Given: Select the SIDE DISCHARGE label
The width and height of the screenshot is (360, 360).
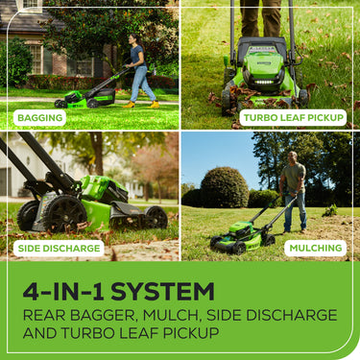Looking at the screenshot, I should point(59,248).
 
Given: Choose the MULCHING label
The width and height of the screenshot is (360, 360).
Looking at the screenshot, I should point(316,248).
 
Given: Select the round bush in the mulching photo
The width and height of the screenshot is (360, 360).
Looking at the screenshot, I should point(225,188).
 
